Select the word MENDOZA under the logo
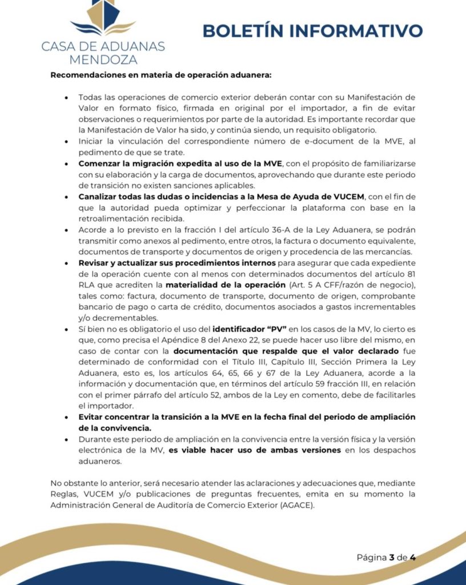point(103,58)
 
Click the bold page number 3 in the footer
point(392,558)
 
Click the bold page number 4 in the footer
point(412,558)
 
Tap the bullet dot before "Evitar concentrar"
point(69,418)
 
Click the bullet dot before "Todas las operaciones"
point(69,98)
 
